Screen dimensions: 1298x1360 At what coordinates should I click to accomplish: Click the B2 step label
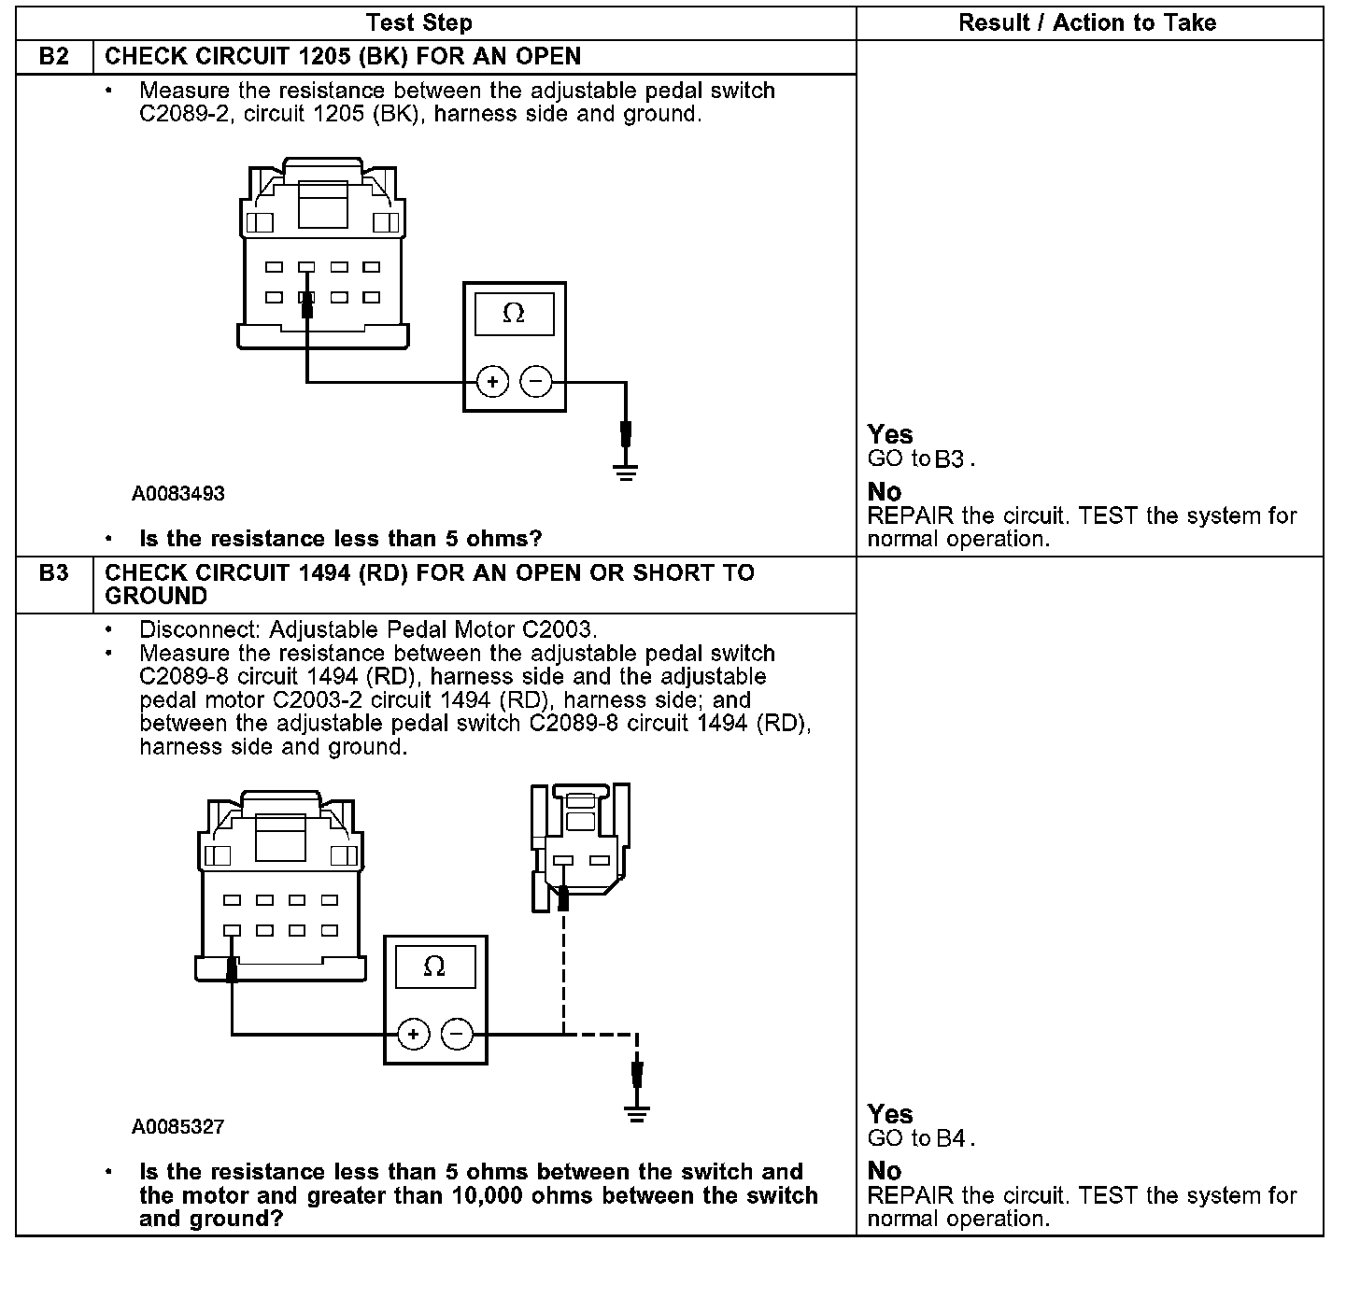pos(54,57)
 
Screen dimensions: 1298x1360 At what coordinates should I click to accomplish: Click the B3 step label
pos(54,572)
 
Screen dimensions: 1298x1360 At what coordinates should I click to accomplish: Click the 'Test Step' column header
pos(418,23)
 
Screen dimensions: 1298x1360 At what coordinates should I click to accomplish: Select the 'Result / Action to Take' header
pos(1087,23)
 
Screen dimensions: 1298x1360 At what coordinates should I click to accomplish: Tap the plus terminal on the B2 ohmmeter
pos(492,382)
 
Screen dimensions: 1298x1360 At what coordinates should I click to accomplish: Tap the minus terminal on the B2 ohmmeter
pos(536,382)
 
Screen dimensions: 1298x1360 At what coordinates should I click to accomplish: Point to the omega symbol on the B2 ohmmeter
pos(514,314)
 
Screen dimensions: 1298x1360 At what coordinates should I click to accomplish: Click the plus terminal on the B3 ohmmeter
pos(413,1034)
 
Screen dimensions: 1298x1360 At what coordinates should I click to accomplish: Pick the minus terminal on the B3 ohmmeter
pos(457,1034)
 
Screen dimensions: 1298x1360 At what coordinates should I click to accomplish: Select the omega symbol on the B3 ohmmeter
pos(434,966)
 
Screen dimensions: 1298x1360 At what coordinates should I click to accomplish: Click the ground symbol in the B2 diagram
pos(626,472)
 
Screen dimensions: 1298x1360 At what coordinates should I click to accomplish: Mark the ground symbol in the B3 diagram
pos(637,1113)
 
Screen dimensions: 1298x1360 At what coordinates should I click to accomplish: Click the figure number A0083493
pos(177,494)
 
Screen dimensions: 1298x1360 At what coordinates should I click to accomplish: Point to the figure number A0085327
pos(177,1127)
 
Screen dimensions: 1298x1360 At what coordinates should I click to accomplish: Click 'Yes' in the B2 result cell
pos(889,434)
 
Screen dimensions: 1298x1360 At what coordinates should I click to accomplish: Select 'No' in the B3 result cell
pos(884,1171)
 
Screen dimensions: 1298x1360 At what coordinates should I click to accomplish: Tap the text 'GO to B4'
pos(920,1138)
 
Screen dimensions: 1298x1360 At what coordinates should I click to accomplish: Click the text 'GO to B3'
pos(920,459)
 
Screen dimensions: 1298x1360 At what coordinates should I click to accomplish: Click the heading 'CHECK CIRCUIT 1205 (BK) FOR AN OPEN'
pos(343,57)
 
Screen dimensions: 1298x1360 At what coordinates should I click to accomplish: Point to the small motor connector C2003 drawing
pos(579,846)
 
